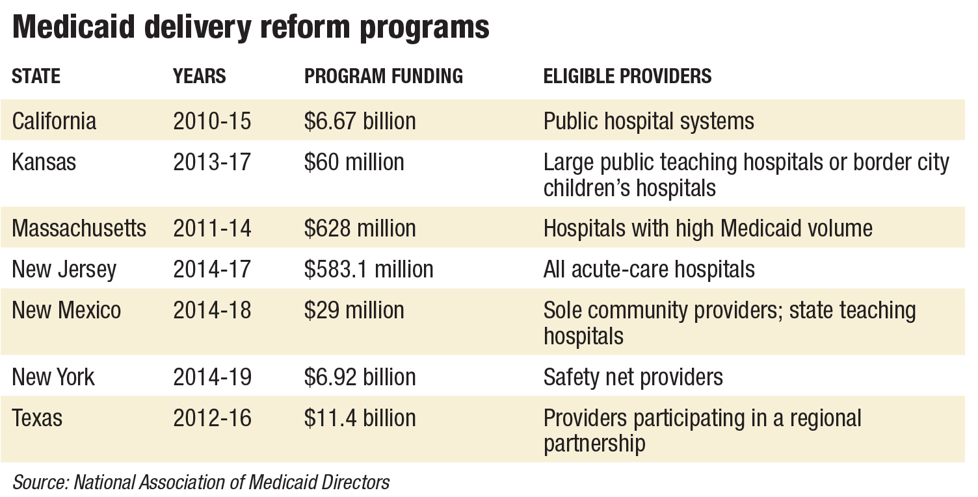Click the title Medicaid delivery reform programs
(x=250, y=28)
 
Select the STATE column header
(x=36, y=76)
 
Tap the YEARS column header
(x=199, y=76)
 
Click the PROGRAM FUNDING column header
(x=384, y=76)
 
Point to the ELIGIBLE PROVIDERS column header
(x=628, y=76)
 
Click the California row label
(x=54, y=121)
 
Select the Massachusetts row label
(x=79, y=228)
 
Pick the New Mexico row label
(x=66, y=310)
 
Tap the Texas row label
(x=37, y=418)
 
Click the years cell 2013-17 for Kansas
(x=212, y=162)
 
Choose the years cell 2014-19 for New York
(x=212, y=377)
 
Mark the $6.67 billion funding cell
(x=360, y=121)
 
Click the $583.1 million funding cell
(x=369, y=269)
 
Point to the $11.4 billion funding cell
(x=360, y=418)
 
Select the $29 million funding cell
(x=354, y=310)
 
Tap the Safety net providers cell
(x=633, y=377)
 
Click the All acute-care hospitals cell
(x=649, y=269)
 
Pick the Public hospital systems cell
(x=648, y=121)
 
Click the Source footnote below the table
(x=201, y=482)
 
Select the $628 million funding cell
(x=360, y=228)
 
